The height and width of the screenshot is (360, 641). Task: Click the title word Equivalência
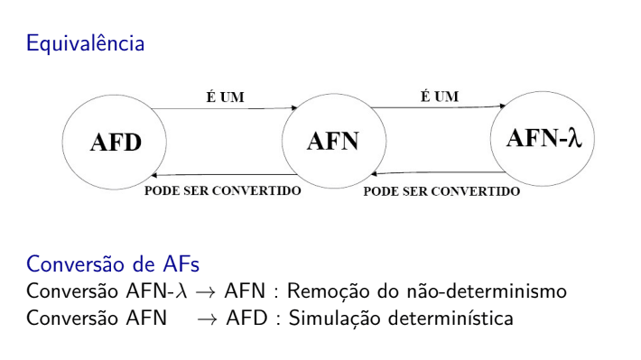click(x=85, y=42)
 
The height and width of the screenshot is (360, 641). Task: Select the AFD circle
click(x=115, y=144)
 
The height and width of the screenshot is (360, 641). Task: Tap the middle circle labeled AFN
click(x=333, y=142)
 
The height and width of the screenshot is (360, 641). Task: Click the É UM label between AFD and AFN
click(x=225, y=97)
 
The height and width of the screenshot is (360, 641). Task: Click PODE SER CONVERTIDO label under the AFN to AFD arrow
click(x=224, y=191)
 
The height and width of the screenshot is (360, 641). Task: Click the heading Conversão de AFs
click(x=111, y=264)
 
